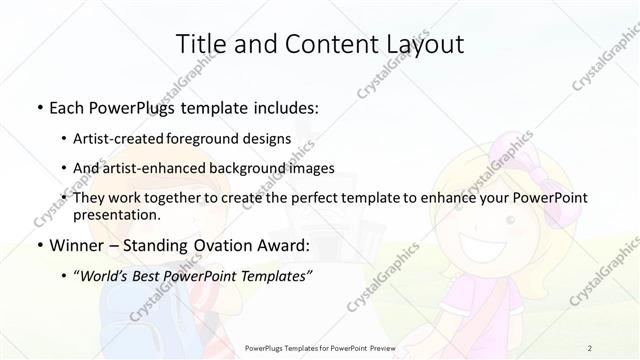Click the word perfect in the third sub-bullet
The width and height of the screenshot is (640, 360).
point(322,198)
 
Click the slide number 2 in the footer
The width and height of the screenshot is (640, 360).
point(590,347)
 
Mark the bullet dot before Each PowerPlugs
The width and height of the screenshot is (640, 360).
point(38,105)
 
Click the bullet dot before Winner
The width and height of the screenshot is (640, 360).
point(38,245)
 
